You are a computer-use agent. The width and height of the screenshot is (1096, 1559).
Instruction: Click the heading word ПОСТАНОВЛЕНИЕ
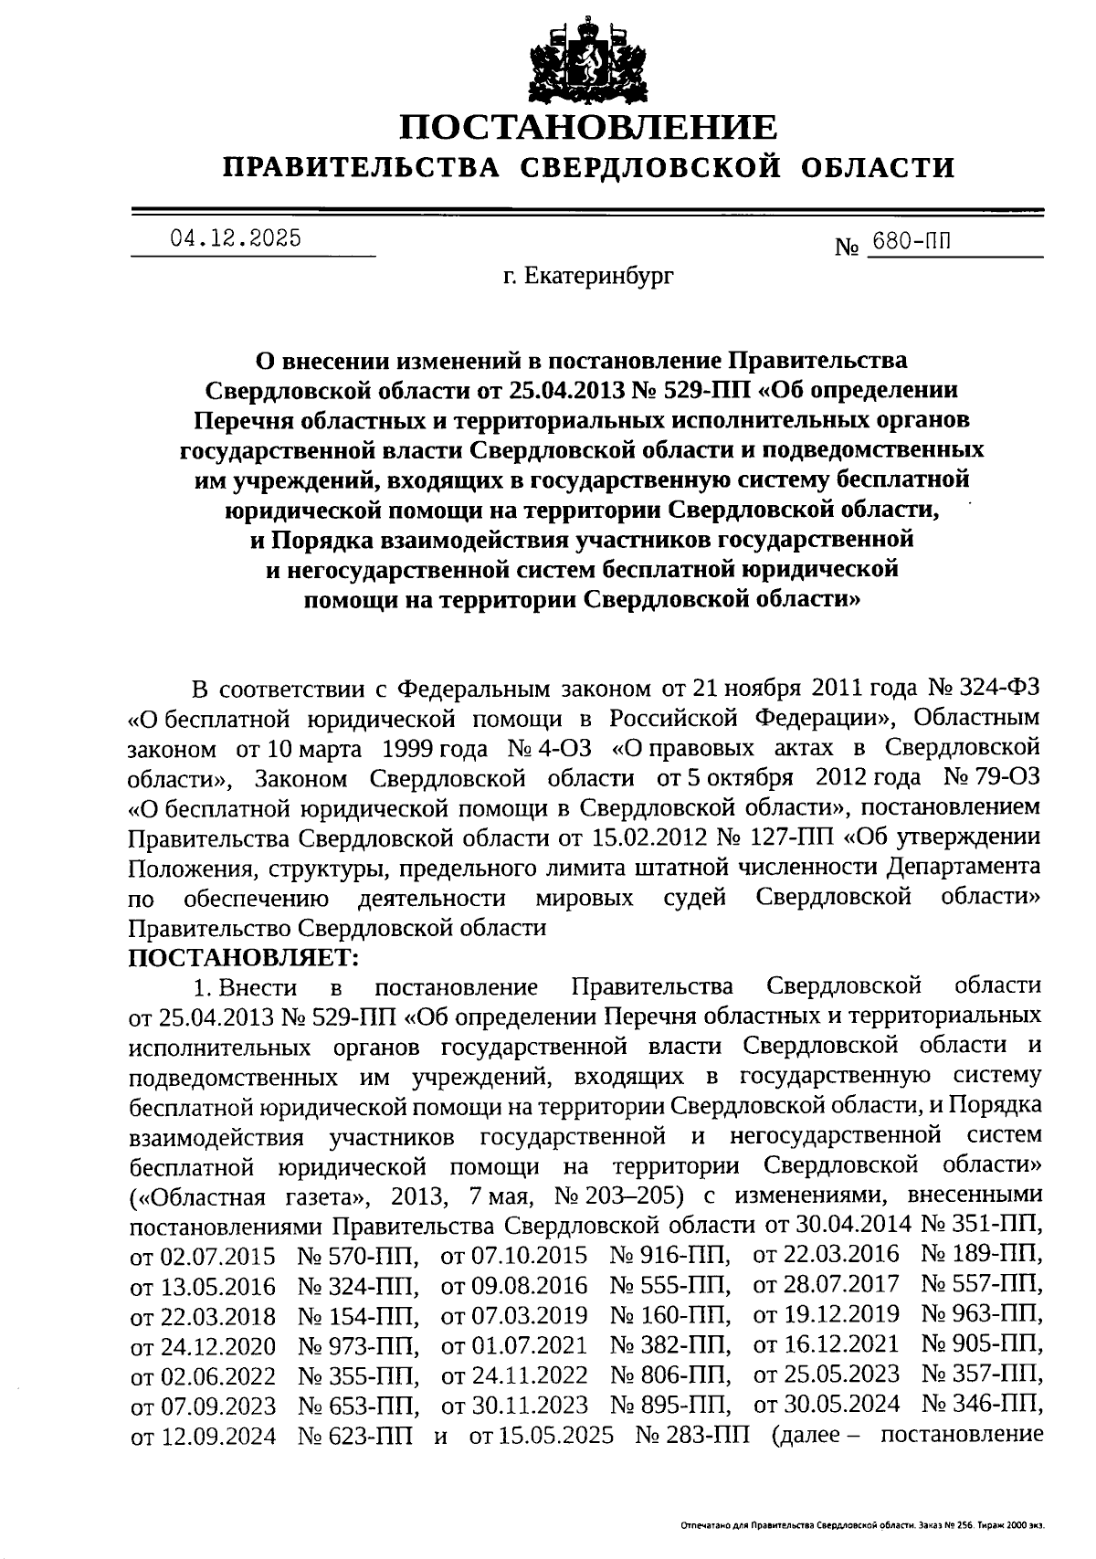[x=588, y=127]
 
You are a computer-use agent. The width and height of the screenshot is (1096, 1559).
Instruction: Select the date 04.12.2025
[x=236, y=239]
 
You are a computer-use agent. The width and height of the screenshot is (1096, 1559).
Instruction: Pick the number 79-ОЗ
[x=1005, y=778]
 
